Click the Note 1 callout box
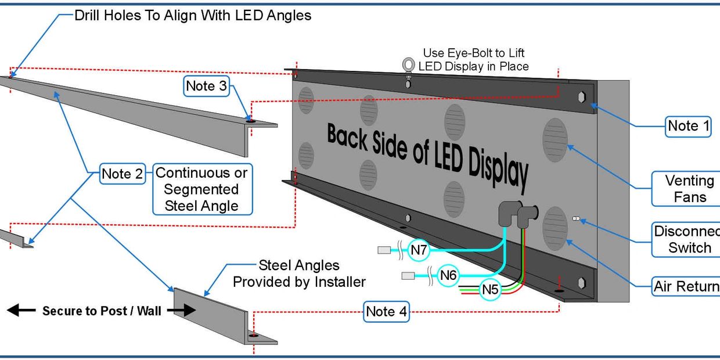tap(688, 126)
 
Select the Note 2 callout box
tap(122, 174)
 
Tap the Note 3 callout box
tap(206, 87)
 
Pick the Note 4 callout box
tap(386, 312)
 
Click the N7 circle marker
tap(419, 250)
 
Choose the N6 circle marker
tap(448, 275)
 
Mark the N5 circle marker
tap(491, 289)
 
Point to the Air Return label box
tap(686, 286)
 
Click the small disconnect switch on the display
tap(577, 218)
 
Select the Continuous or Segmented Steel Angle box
tap(201, 189)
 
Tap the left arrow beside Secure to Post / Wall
tap(20, 311)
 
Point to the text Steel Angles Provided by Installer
tap(299, 273)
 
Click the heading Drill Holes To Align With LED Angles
tap(193, 16)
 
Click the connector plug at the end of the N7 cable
tap(384, 250)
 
